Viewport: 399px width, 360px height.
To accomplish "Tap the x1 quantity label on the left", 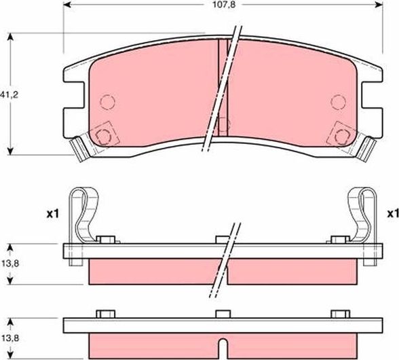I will click(54, 214).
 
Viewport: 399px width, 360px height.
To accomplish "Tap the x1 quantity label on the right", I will click(392, 214).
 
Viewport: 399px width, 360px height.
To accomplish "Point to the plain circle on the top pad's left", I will click(107, 102).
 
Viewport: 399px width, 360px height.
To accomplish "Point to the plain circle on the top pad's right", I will click(337, 102).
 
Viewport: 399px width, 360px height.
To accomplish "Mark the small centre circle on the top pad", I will click(222, 124).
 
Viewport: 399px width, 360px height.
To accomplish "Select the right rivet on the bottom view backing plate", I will click(339, 313).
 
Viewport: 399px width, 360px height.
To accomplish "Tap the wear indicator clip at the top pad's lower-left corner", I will click(81, 149).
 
